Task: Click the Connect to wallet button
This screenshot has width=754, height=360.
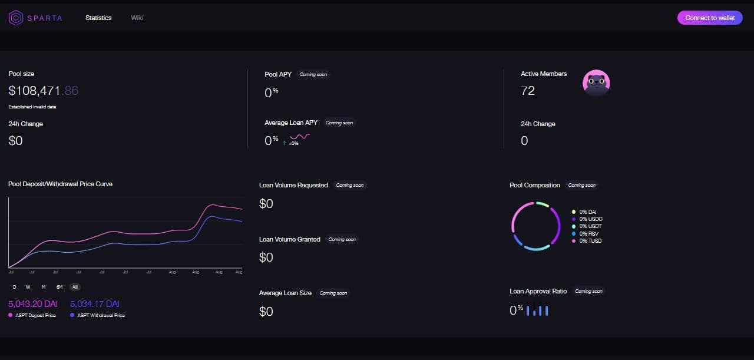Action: [x=710, y=18]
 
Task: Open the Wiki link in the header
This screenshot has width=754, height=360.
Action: [x=137, y=18]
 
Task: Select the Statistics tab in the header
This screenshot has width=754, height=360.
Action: [x=98, y=18]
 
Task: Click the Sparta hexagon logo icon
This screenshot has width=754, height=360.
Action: [x=16, y=18]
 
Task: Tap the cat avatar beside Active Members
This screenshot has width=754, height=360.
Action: [x=596, y=83]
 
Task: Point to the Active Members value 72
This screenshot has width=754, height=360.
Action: [x=528, y=91]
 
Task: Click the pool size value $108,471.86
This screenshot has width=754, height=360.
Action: [x=44, y=91]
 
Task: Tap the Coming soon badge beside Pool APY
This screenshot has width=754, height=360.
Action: [x=313, y=75]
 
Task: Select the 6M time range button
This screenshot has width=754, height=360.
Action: [x=59, y=287]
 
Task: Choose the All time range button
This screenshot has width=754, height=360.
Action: [x=75, y=287]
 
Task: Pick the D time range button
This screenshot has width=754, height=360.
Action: [x=14, y=287]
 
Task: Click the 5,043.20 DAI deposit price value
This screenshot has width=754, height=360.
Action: [x=33, y=304]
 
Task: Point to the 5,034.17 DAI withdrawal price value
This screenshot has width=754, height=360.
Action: [x=94, y=304]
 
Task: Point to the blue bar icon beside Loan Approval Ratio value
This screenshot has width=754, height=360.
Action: [x=537, y=309]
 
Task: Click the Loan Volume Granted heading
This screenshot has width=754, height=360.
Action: [x=290, y=239]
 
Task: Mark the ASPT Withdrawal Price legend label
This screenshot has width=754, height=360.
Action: [x=101, y=315]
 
